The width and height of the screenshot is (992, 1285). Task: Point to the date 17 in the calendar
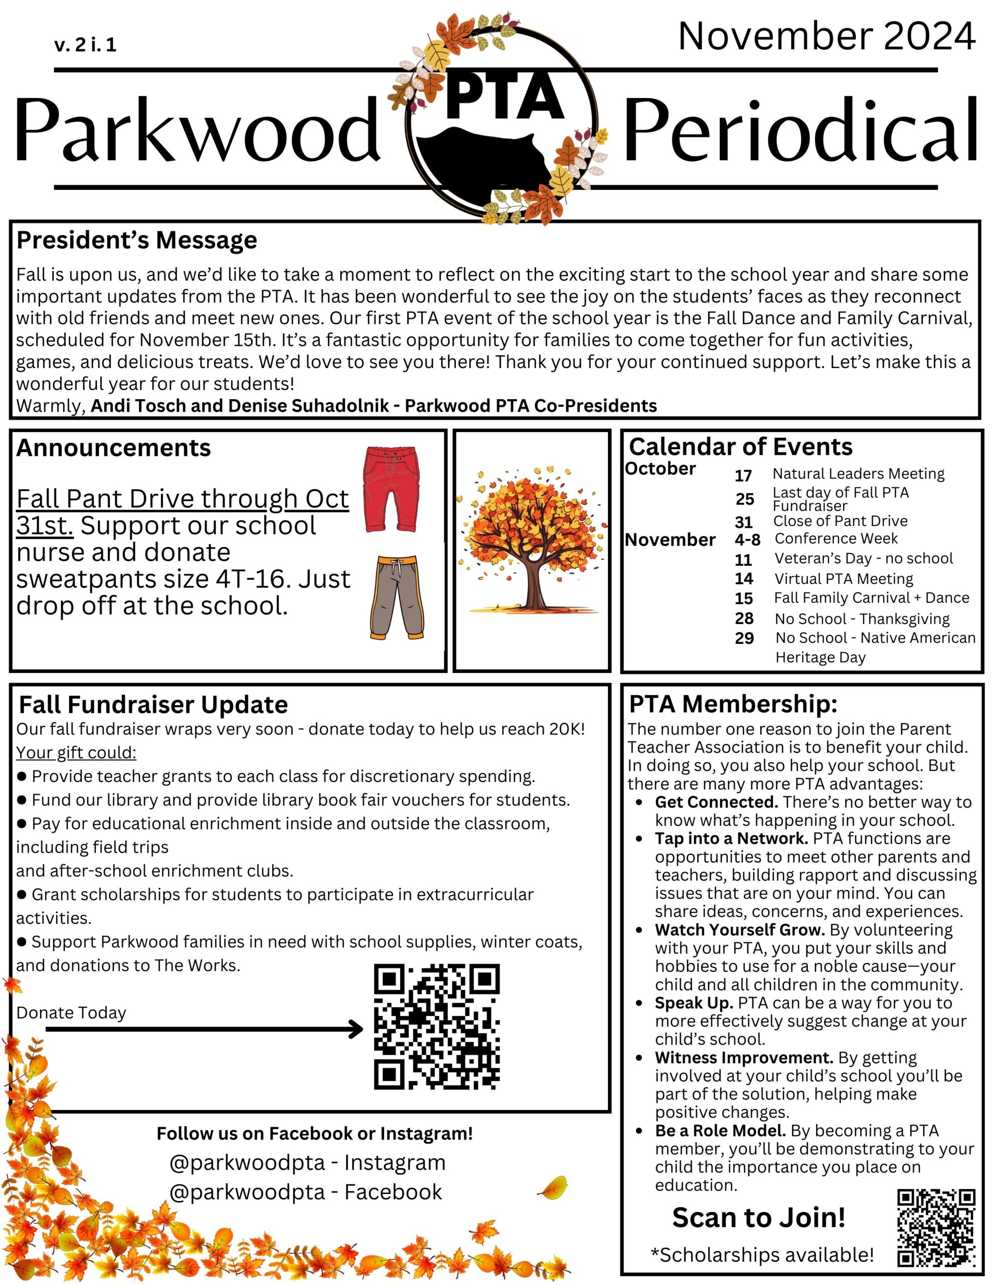tap(743, 475)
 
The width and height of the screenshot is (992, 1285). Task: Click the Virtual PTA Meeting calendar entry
tap(843, 579)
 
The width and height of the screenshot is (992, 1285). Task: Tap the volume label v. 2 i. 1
tap(85, 45)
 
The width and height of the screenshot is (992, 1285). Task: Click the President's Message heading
tap(136, 240)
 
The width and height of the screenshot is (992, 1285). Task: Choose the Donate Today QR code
tap(436, 1026)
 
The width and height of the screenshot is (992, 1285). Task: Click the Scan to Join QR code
tap(935, 1227)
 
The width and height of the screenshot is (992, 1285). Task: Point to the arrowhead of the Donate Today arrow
tap(357, 1029)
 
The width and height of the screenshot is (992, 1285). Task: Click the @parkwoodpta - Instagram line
tap(307, 1163)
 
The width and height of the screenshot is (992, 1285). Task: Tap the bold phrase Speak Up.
tap(693, 1002)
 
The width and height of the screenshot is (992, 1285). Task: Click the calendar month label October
tap(660, 469)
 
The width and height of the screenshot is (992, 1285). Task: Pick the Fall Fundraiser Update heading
tap(153, 704)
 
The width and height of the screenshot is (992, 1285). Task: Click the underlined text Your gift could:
tap(76, 752)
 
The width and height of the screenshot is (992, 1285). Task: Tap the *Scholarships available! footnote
tap(762, 1254)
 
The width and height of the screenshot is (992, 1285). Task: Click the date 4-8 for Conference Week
tap(747, 540)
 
